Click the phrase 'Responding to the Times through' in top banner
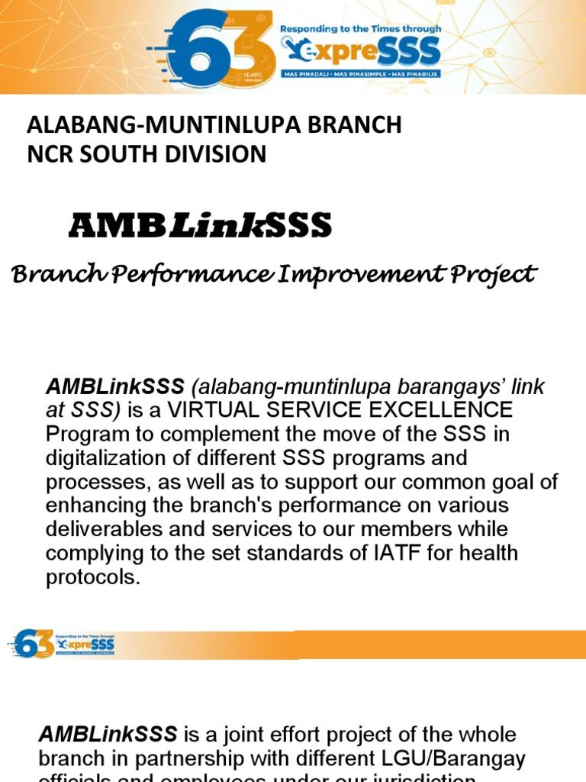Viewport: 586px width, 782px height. (361, 29)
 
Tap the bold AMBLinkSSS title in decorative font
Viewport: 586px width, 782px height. (200, 225)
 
